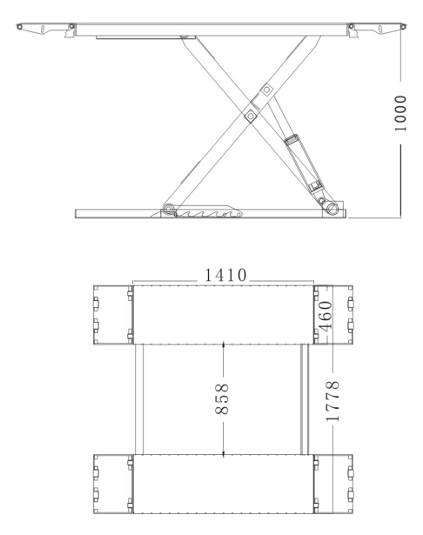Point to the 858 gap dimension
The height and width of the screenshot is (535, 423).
(x=224, y=399)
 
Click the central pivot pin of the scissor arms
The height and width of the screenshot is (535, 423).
(x=250, y=113)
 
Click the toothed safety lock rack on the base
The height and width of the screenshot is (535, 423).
(x=209, y=212)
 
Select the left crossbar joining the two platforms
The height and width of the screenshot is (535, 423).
(x=138, y=398)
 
